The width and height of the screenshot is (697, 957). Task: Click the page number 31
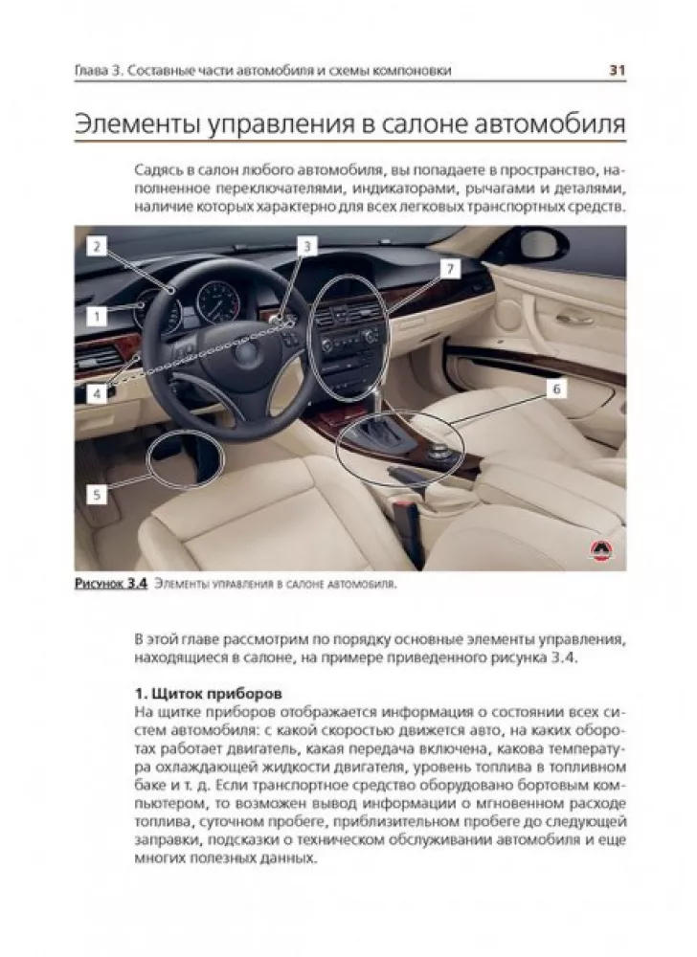[x=618, y=70]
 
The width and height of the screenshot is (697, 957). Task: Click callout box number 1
[x=96, y=314]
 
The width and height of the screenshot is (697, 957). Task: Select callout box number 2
[x=96, y=246]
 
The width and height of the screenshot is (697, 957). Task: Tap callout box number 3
[x=305, y=246]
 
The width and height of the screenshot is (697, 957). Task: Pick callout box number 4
[x=96, y=392]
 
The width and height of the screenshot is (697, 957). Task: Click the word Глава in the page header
[x=94, y=71]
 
